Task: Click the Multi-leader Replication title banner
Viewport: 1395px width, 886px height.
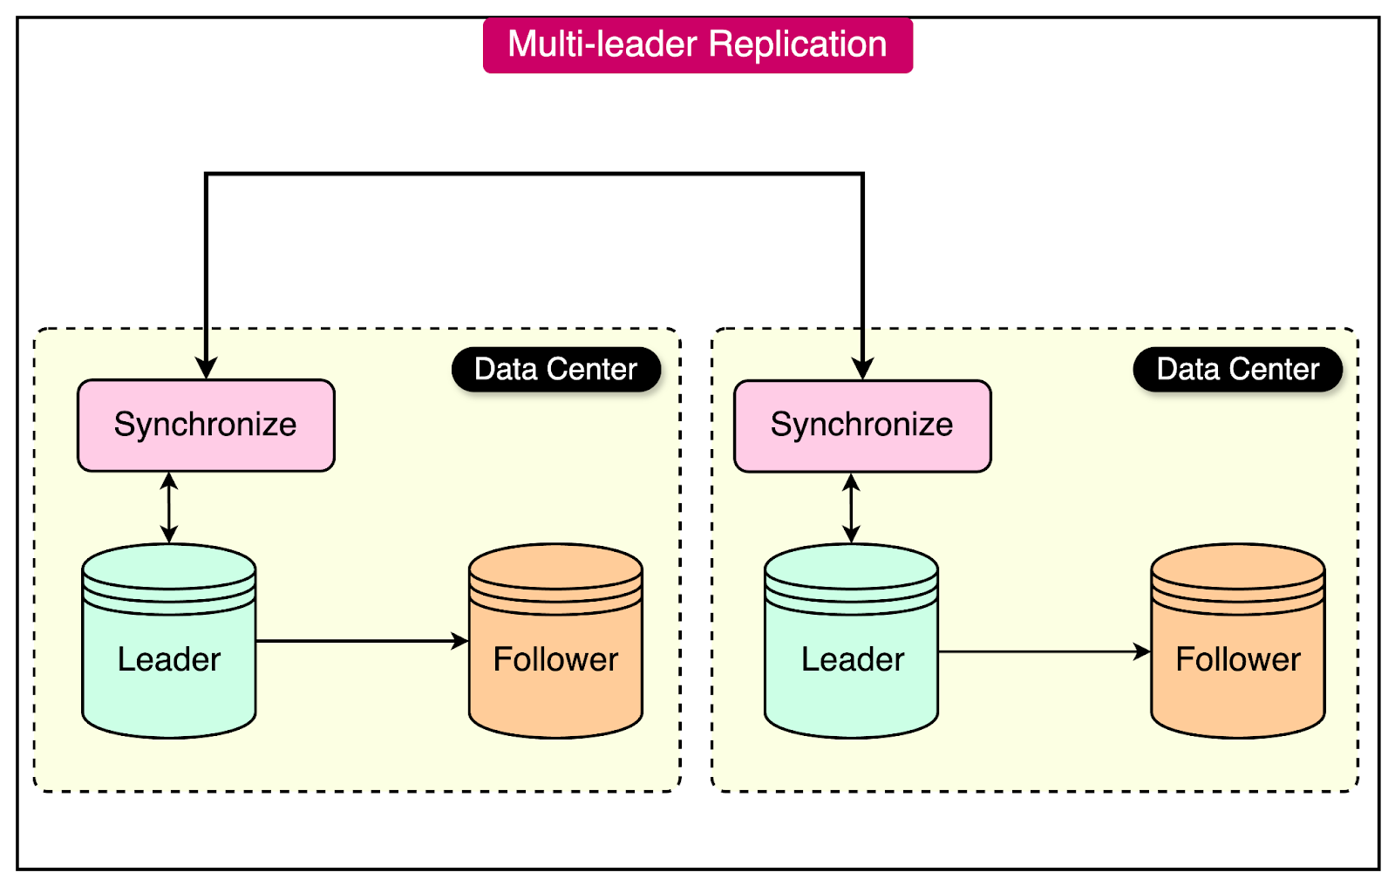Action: click(697, 45)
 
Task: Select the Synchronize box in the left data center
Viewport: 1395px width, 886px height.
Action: click(206, 426)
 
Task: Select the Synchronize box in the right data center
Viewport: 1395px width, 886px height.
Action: click(862, 426)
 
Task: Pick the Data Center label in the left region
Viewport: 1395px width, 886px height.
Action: click(555, 369)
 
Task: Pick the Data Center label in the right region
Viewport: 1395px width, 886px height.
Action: click(1237, 369)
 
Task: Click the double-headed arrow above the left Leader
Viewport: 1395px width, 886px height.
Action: click(169, 508)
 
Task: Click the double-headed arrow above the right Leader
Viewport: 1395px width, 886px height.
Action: click(852, 508)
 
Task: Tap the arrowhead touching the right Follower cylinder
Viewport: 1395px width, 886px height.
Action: click(1142, 651)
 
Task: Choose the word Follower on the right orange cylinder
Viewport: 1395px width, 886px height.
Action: click(1238, 659)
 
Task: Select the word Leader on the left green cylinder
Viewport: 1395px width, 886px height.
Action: click(169, 659)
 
